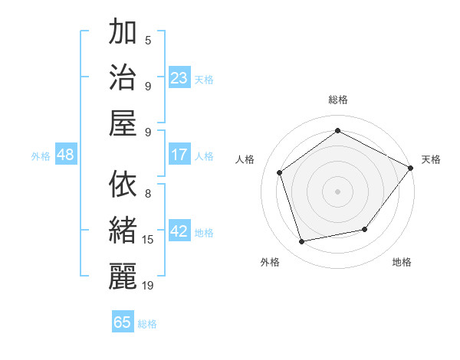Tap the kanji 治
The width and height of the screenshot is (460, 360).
click(123, 77)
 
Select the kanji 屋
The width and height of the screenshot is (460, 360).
click(123, 122)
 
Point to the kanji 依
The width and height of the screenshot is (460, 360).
click(123, 185)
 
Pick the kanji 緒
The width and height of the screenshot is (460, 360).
click(123, 230)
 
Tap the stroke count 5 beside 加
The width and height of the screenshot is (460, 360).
click(148, 40)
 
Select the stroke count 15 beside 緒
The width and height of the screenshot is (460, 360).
click(148, 239)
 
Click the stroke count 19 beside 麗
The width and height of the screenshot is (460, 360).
click(148, 285)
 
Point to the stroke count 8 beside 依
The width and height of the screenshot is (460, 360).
click(148, 193)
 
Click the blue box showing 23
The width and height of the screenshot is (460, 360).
click(179, 78)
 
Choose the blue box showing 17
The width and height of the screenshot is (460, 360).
click(179, 155)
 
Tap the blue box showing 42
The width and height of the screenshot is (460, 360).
click(179, 231)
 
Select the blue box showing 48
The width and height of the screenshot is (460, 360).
click(66, 155)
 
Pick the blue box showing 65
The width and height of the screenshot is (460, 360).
click(123, 322)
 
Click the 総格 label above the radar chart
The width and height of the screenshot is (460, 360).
click(337, 100)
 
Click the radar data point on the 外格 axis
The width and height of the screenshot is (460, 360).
click(302, 242)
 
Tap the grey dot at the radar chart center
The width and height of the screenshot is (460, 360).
click(337, 191)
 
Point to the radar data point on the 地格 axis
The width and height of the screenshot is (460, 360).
click(365, 229)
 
